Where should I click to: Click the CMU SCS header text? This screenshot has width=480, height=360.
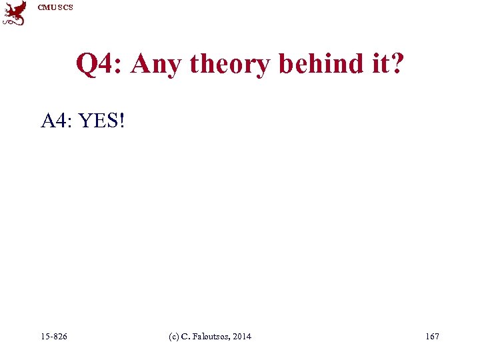55,7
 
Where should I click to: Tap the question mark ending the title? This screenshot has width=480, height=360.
397,65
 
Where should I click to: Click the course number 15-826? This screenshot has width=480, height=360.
53,337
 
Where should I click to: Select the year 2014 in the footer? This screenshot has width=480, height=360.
243,337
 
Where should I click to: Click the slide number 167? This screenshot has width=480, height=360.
432,337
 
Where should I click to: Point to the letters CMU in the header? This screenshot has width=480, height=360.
47,7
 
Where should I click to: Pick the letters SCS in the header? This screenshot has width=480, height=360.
65,7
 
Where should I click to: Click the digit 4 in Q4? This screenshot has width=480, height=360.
109,65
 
